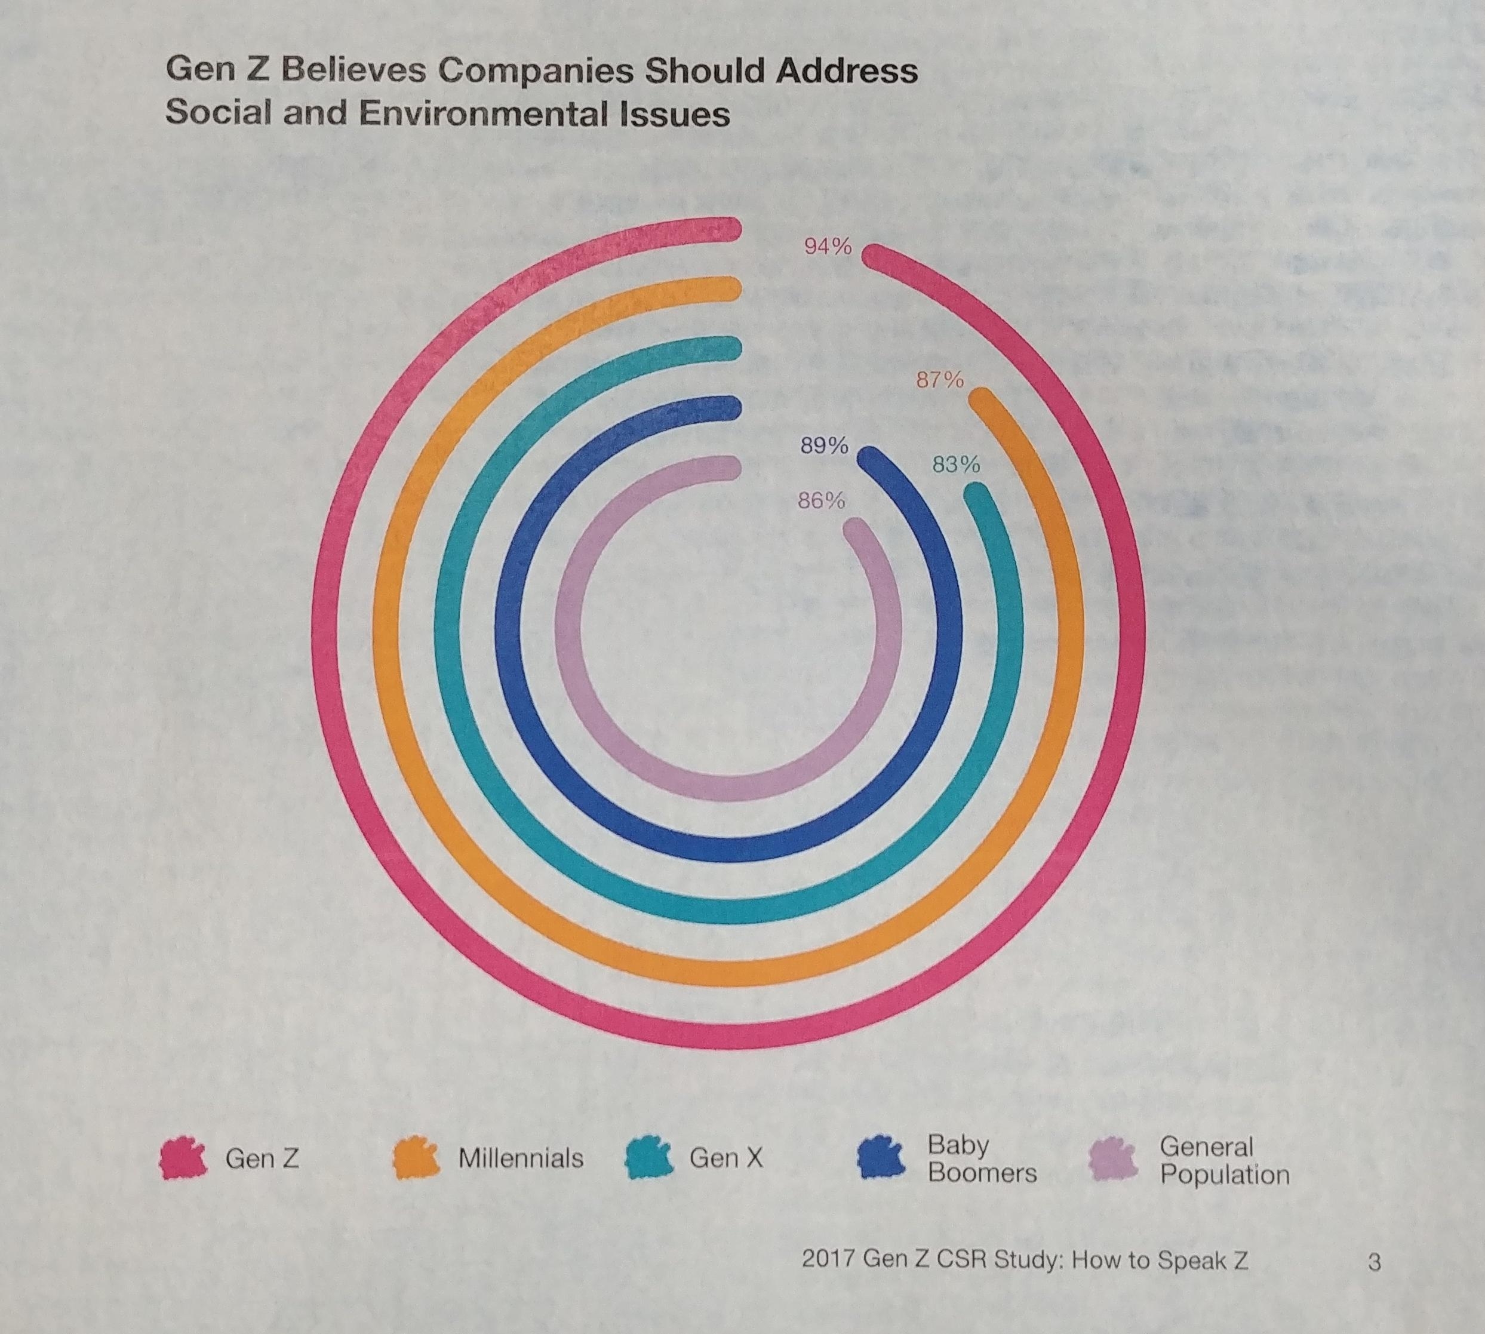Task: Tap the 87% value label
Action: click(x=940, y=380)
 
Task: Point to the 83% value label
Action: click(x=956, y=465)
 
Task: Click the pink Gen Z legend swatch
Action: click(x=181, y=1158)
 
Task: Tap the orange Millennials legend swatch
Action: click(x=415, y=1158)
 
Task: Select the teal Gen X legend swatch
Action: click(x=648, y=1158)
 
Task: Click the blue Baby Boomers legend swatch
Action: click(x=882, y=1158)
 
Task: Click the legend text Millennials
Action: click(x=521, y=1158)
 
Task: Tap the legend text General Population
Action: click(x=1224, y=1160)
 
